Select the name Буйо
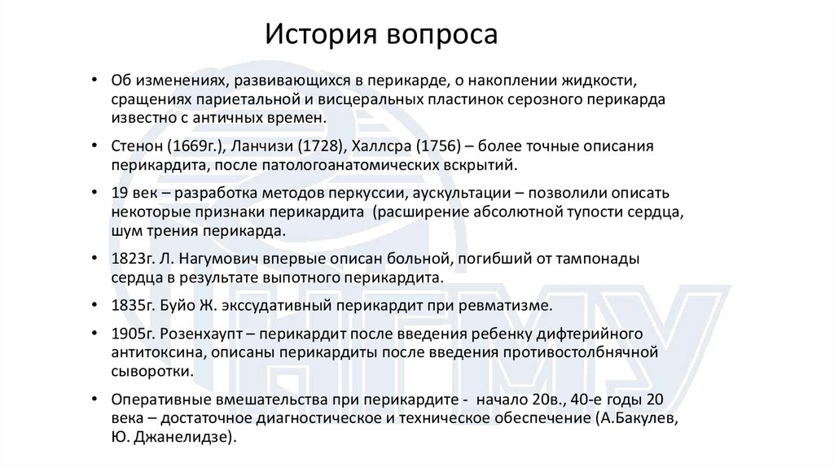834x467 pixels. pyautogui.click(x=179, y=306)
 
